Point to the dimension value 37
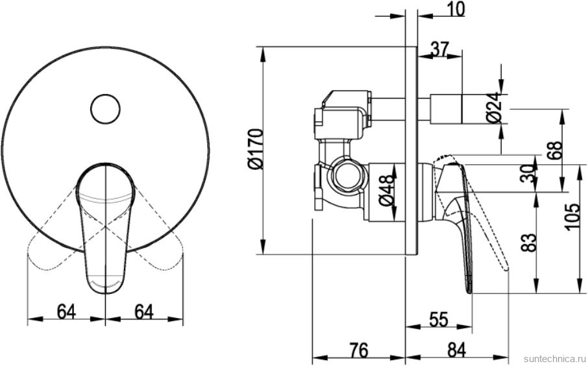tap(439, 49)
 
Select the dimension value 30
tap(529, 173)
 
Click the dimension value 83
tap(529, 243)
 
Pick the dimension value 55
tap(438, 320)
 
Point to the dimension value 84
tap(457, 350)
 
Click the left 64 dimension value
tap(67, 311)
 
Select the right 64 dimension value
tap(144, 311)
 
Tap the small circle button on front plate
tap(105, 108)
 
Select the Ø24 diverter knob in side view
tap(447, 108)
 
